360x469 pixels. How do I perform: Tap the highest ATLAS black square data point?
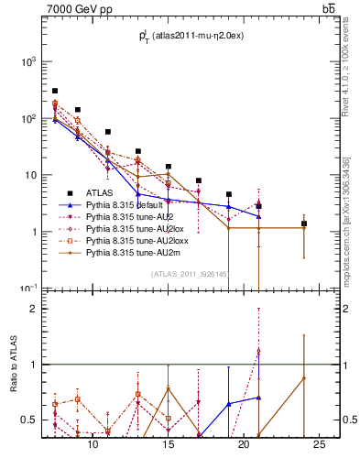tap(55, 92)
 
